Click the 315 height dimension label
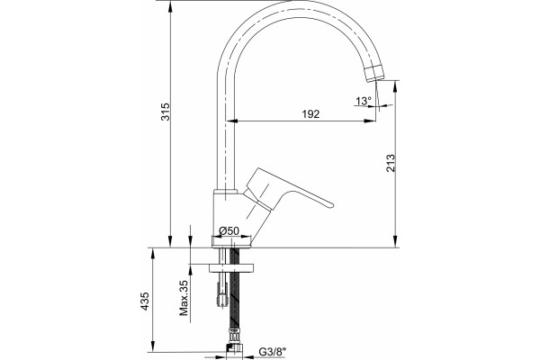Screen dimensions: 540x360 tap(166, 112)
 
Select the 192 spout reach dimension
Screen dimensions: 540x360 tap(310, 113)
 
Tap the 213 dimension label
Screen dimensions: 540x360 tap(391, 163)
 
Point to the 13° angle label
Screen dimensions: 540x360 tap(364, 101)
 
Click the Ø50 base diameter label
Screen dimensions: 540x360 tap(229, 230)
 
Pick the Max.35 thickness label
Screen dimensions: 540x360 tap(184, 298)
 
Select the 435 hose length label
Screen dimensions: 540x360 tap(145, 301)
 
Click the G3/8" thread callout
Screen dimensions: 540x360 tap(273, 352)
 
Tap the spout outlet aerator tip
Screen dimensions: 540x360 tap(374, 74)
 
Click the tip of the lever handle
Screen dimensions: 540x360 tap(331, 205)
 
